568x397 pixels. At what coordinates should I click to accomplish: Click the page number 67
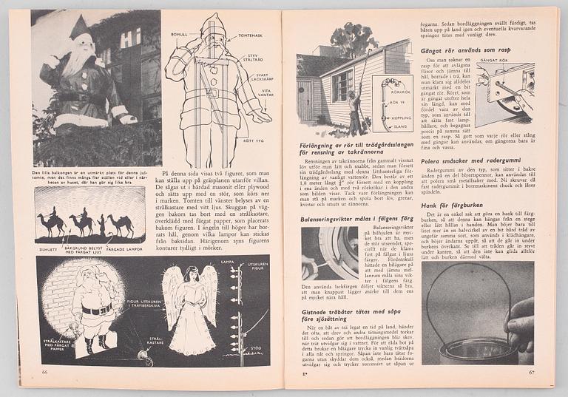point(530,373)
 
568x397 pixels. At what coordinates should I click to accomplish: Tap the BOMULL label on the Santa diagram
point(179,34)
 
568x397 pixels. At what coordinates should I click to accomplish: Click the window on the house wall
point(342,86)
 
